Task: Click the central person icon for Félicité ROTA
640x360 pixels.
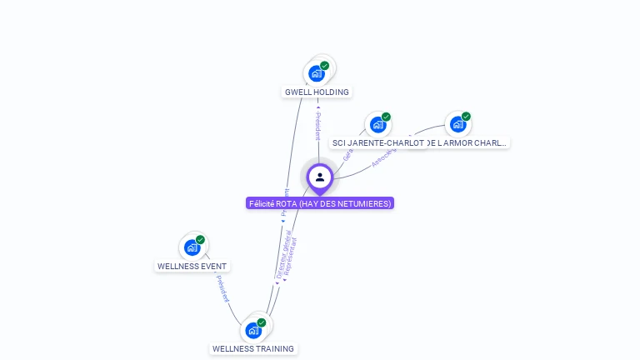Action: (x=320, y=177)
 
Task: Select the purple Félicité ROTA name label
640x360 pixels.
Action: (x=320, y=203)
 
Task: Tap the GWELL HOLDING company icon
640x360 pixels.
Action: (x=317, y=73)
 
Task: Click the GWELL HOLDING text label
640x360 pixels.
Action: (x=317, y=92)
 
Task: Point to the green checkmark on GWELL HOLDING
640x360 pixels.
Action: (x=324, y=66)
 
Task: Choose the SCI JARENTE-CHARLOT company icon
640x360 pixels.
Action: (x=378, y=125)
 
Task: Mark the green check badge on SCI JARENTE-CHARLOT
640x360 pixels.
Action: (x=386, y=117)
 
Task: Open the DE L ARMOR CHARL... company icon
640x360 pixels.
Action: (x=457, y=125)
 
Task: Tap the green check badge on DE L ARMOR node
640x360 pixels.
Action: (x=466, y=117)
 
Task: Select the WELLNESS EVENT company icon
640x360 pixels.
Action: (x=192, y=247)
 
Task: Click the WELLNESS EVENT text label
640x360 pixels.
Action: (x=192, y=267)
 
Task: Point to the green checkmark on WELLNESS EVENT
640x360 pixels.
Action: (x=200, y=240)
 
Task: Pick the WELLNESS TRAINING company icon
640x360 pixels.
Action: (x=254, y=330)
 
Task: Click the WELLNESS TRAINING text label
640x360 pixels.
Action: (x=253, y=348)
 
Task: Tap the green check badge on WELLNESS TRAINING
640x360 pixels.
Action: (x=262, y=322)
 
